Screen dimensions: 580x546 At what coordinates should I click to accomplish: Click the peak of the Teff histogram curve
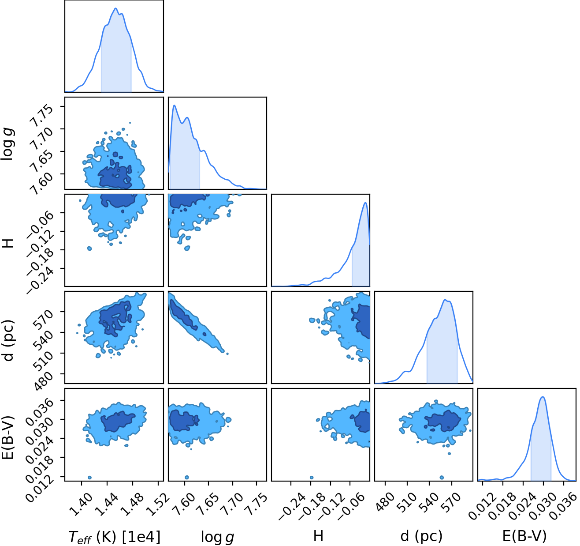115,8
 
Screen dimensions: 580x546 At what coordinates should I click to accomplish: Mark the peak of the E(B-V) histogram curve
543,397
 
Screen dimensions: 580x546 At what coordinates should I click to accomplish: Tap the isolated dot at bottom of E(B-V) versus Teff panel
89,478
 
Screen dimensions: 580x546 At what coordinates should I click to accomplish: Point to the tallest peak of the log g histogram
175,105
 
